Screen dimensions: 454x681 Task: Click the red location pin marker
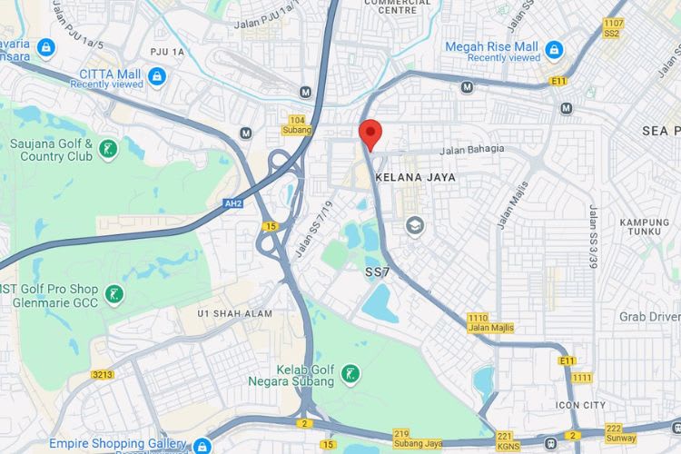pos(370,134)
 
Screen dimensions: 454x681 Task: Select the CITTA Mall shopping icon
pos(158,75)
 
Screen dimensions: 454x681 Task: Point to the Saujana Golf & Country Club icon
pos(108,149)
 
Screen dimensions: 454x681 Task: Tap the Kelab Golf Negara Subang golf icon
pos(349,373)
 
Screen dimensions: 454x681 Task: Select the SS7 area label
pos(378,271)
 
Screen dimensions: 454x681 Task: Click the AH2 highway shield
pos(232,205)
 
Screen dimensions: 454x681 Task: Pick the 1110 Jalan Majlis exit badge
pos(490,322)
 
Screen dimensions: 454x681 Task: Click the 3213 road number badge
pos(104,373)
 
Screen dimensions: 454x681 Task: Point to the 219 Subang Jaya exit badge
pos(418,439)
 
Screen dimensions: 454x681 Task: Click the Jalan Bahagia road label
pos(471,151)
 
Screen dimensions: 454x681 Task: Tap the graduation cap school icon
pos(415,225)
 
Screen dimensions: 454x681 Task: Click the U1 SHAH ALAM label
pos(234,313)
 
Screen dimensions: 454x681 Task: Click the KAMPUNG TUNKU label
pos(645,229)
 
